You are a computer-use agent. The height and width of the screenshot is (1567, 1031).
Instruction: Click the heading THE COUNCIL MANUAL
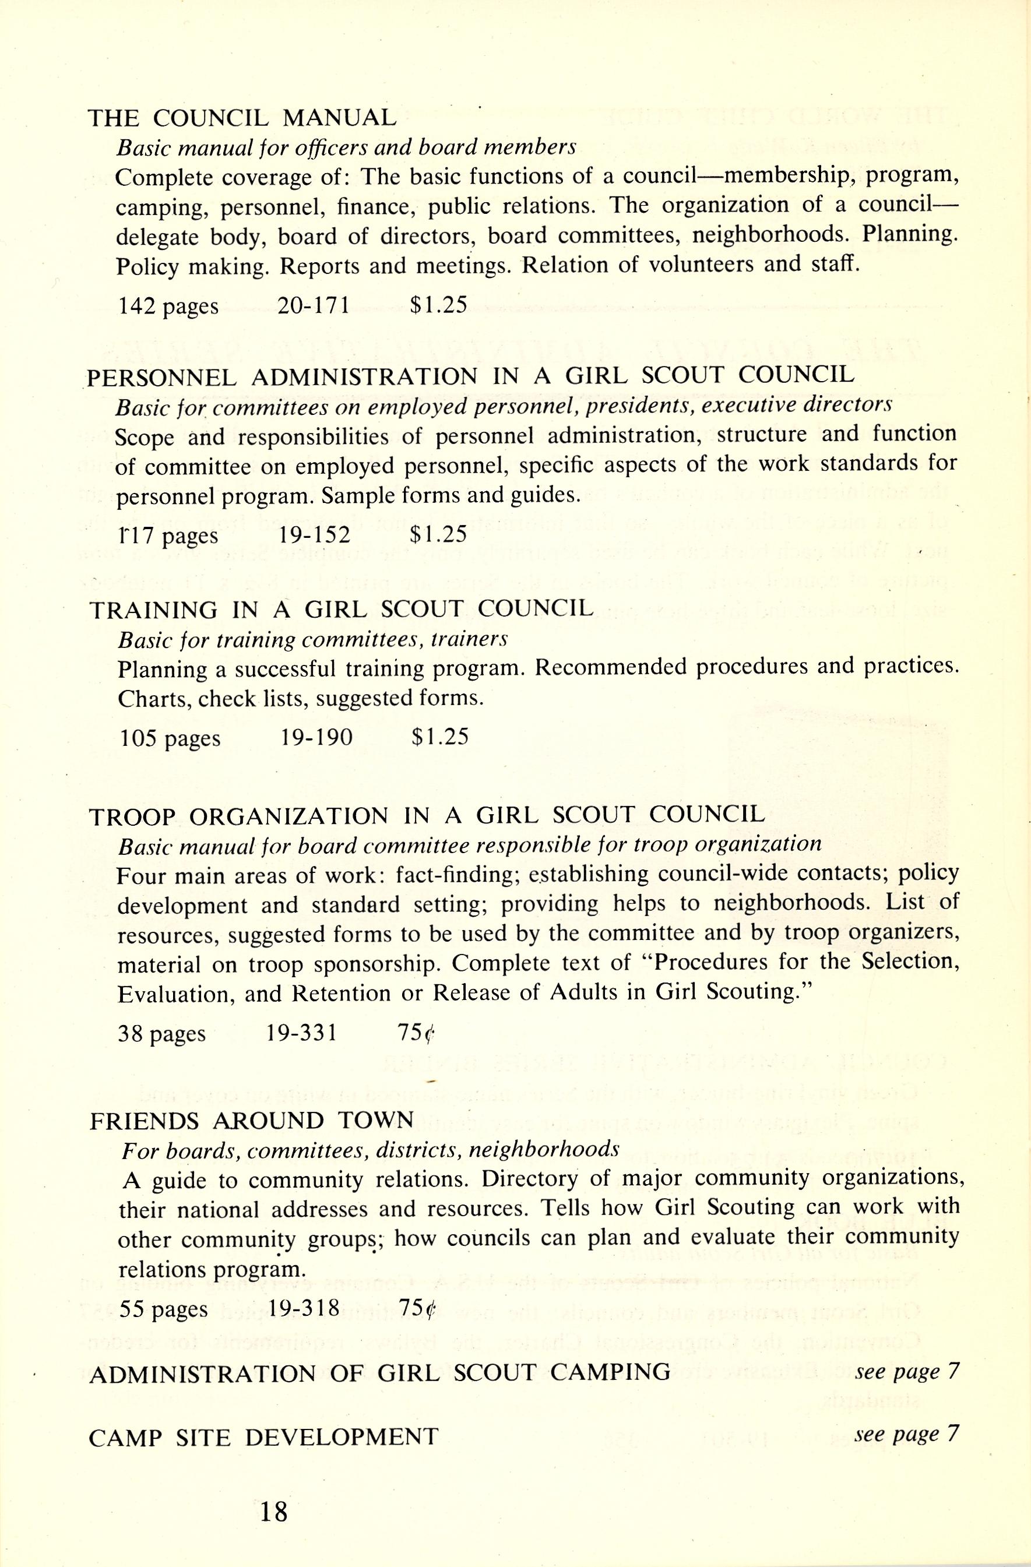pos(242,118)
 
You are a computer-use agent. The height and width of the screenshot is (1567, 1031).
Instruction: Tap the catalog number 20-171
pos(314,305)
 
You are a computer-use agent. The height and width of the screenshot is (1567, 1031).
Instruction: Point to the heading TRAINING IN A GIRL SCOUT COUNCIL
pos(341,609)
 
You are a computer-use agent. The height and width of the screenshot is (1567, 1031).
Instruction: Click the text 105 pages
pos(170,738)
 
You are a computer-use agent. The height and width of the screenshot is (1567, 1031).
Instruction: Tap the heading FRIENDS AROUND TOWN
pos(252,1120)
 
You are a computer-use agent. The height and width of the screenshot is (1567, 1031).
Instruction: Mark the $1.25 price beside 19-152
pos(438,534)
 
